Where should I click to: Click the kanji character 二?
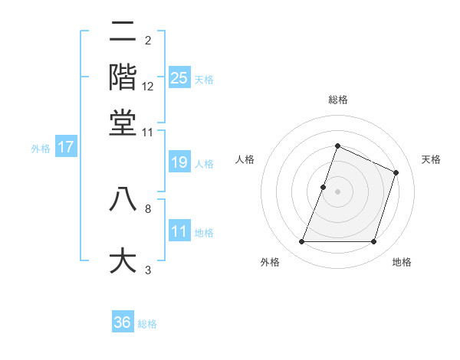(123, 33)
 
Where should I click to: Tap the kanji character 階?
(123, 77)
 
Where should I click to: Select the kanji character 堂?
(123, 123)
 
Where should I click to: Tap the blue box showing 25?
(179, 77)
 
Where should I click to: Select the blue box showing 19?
(179, 162)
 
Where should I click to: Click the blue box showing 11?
(179, 231)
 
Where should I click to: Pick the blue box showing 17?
(65, 147)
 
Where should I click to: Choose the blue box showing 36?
(123, 322)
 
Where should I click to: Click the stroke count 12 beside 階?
(148, 86)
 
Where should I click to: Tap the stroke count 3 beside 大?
(148, 270)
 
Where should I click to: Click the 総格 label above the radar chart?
(337, 100)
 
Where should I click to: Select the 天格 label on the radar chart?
(431, 159)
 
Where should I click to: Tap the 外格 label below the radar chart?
(270, 262)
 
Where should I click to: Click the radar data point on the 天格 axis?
(396, 172)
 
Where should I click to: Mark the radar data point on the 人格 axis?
(324, 187)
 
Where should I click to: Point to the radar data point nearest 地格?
(373, 242)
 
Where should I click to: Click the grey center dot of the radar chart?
(337, 191)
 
